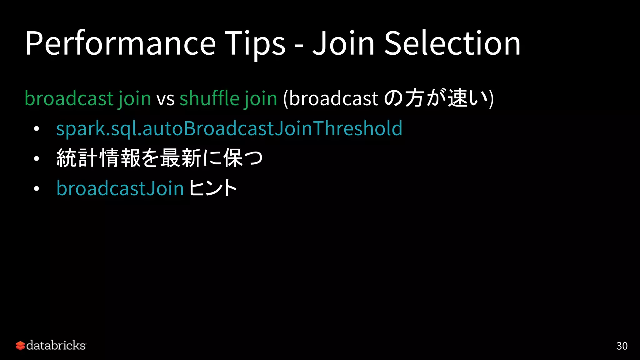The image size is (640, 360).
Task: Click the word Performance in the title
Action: click(120, 44)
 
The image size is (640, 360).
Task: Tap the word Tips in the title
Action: click(255, 44)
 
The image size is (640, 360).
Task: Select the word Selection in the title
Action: click(452, 44)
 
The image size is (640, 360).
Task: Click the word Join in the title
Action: click(343, 44)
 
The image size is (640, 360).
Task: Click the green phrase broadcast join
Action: click(88, 99)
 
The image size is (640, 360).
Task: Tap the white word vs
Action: click(165, 99)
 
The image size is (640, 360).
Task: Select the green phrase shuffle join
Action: click(228, 99)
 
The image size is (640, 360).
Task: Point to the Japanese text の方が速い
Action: click(436, 98)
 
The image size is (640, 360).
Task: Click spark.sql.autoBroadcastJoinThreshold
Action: click(229, 129)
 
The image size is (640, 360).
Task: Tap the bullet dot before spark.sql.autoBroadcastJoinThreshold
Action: click(37, 129)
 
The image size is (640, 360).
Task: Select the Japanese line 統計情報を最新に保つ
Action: click(159, 158)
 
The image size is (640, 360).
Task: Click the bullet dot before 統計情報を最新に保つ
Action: click(37, 159)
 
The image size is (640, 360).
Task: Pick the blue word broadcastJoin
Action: click(120, 188)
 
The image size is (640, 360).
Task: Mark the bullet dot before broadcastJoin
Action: click(37, 189)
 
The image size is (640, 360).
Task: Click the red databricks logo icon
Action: click(20, 346)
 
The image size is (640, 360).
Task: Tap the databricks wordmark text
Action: click(56, 346)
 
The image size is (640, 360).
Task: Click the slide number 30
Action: click(622, 346)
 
